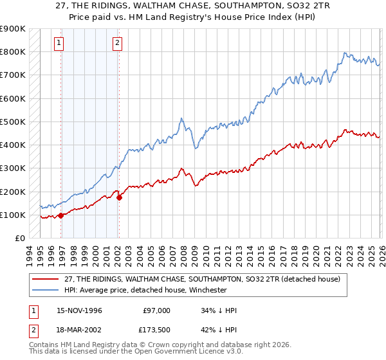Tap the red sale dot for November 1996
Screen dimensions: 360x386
[61, 216]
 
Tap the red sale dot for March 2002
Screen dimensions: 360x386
[119, 197]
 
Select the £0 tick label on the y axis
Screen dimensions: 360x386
[19, 239]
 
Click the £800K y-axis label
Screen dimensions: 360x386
[13, 51]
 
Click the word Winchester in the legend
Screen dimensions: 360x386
[207, 290]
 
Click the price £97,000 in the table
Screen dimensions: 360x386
[156, 310]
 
